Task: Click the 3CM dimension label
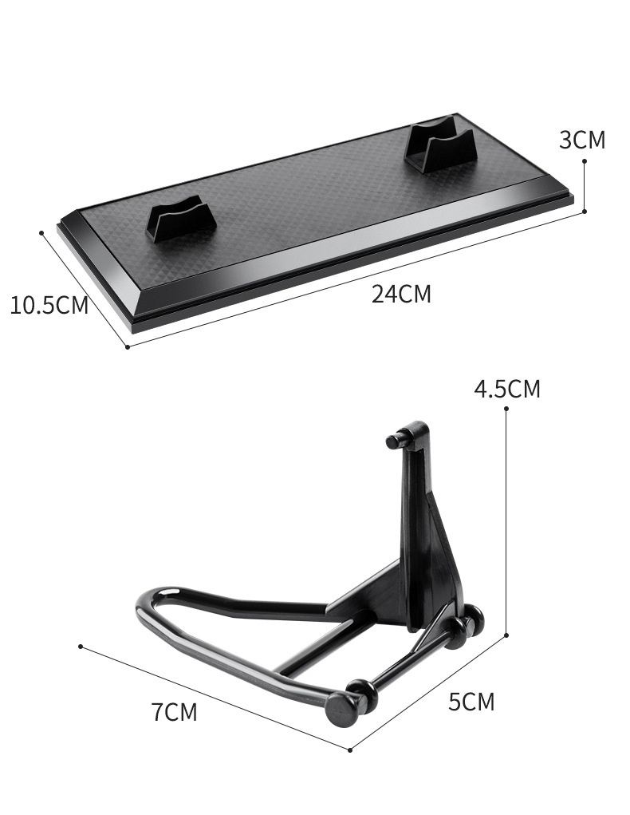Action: [582, 140]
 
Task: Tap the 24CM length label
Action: [401, 295]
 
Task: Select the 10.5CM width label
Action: [49, 305]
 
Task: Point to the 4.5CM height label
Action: [507, 389]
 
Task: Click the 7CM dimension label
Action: [175, 712]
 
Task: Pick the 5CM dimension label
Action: [471, 702]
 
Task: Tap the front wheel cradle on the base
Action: [182, 218]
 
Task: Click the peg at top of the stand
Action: [396, 441]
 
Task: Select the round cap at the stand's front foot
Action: [342, 709]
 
